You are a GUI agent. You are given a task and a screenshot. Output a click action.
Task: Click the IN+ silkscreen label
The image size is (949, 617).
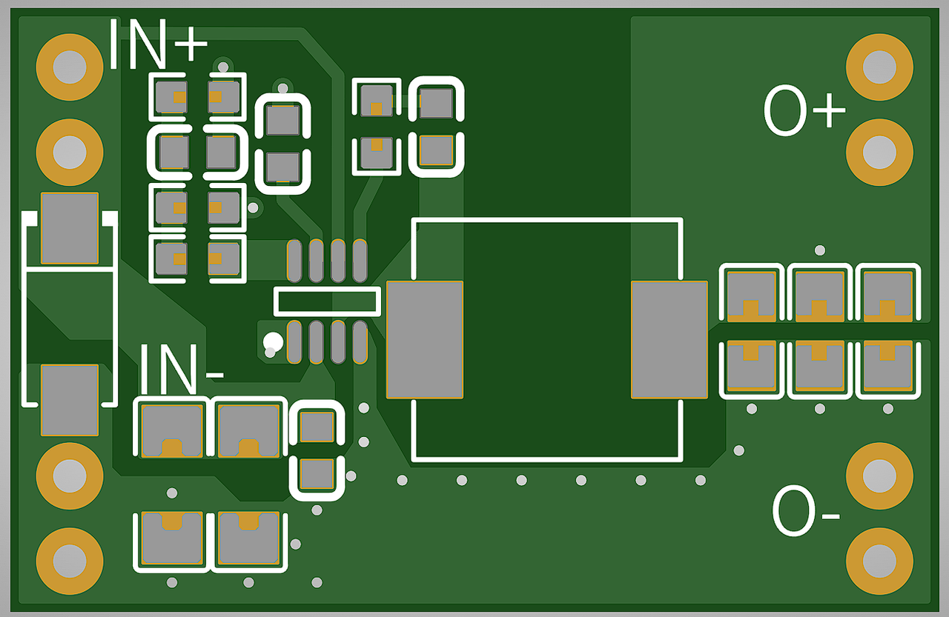pos(158,44)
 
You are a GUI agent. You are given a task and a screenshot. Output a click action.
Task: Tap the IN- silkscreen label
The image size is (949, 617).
pos(182,369)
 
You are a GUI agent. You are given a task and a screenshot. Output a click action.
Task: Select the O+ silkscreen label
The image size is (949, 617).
pos(804,110)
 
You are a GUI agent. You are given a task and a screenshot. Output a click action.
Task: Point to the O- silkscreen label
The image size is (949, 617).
pos(806,511)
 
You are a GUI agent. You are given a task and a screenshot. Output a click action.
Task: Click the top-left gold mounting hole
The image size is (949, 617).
pos(70,67)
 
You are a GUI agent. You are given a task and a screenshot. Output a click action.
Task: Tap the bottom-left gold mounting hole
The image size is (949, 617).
pos(70,561)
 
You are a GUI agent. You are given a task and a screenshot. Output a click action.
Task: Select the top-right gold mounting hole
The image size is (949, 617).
pos(879,67)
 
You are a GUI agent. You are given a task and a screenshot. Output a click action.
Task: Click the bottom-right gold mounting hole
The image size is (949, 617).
pos(879,561)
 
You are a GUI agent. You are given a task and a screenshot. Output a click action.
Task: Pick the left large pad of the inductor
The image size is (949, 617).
pos(425,340)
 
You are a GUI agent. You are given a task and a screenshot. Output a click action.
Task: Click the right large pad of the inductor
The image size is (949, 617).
pos(669,340)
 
